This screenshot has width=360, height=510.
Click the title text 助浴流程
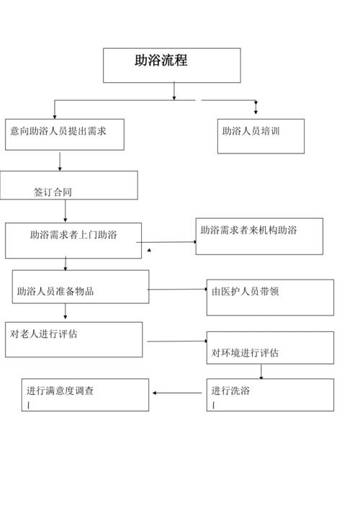161,61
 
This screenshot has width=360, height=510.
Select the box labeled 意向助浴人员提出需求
65,134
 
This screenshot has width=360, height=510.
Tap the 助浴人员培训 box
261,136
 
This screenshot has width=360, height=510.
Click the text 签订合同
53,192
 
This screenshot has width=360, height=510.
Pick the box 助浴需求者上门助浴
73,240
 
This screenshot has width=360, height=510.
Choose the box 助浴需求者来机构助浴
259,236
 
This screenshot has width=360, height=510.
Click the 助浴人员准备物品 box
81,287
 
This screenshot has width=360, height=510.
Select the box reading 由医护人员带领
270,297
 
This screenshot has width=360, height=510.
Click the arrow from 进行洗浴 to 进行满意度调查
177,393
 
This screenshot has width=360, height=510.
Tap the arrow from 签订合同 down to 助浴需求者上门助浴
66,211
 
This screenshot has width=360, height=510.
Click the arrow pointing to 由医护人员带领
178,290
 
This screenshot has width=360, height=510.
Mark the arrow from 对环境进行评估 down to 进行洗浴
261,372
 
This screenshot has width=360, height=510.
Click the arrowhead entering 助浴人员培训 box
256,109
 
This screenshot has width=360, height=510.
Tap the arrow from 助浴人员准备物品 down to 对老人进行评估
66,313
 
